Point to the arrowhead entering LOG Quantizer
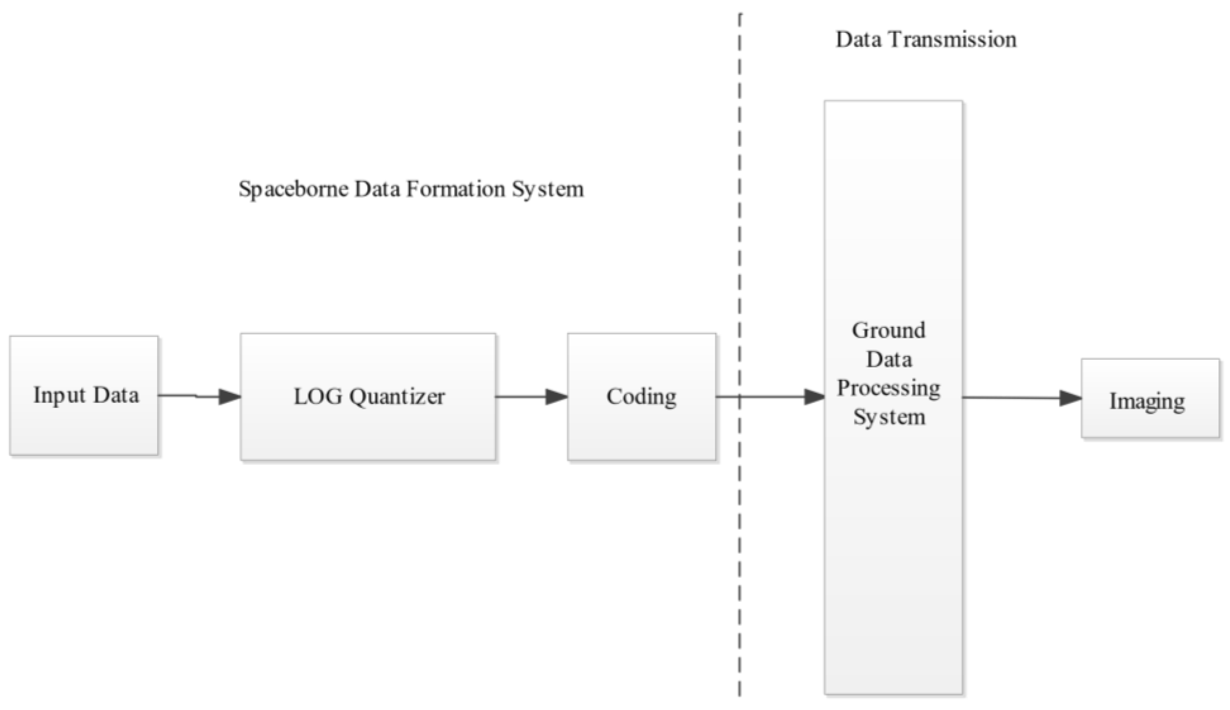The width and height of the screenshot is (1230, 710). point(229,396)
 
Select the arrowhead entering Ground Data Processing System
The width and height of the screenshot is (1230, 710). point(814,396)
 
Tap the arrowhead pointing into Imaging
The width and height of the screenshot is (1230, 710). point(1071,398)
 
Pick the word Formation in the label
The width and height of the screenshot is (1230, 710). point(455,189)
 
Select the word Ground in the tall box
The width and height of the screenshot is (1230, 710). point(888,331)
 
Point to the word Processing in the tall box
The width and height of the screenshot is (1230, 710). point(888,389)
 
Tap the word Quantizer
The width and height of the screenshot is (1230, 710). point(397,396)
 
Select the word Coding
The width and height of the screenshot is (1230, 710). point(641,396)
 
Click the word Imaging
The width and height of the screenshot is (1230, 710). point(1147,402)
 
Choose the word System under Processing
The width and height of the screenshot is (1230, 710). point(889,417)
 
